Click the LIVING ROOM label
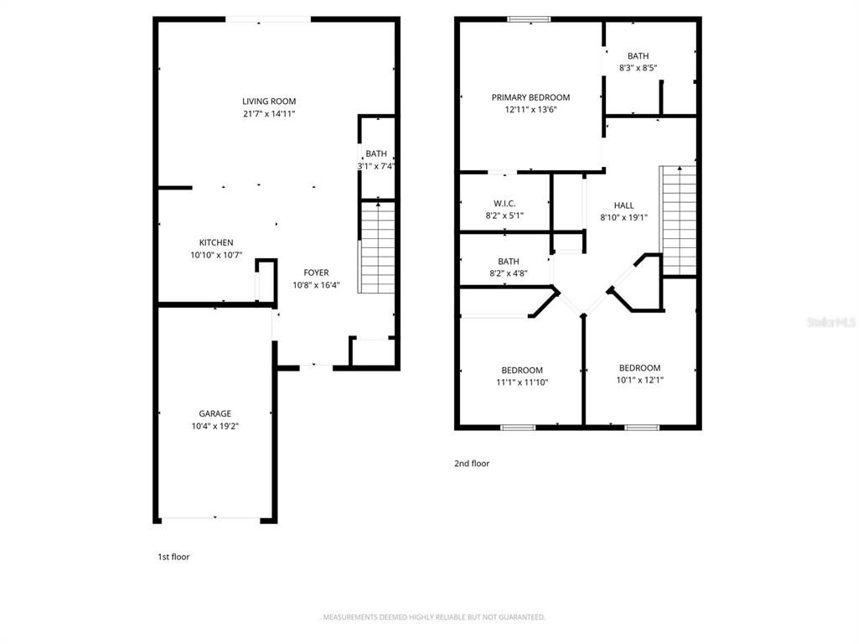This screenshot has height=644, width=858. [269, 101]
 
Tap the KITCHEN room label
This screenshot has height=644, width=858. [216, 242]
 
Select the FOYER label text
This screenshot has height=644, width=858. [316, 273]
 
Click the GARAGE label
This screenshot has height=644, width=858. [215, 414]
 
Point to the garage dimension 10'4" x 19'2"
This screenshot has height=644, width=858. [215, 426]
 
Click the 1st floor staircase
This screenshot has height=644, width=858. [376, 247]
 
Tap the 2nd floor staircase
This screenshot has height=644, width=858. [678, 221]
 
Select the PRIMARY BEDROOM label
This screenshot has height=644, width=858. [530, 97]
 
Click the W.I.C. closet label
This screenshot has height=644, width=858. [504, 204]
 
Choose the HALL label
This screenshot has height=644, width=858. [623, 205]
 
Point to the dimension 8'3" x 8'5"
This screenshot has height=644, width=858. [638, 68]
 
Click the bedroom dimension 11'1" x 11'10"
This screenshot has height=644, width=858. [522, 382]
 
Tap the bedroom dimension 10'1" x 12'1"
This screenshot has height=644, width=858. [639, 380]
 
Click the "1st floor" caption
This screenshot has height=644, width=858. [173, 557]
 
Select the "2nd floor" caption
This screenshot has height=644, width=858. [472, 463]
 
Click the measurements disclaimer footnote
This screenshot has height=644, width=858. [432, 617]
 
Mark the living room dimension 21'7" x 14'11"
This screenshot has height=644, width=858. [269, 114]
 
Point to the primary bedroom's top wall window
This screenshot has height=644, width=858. [529, 20]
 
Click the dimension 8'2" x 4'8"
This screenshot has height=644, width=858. [509, 273]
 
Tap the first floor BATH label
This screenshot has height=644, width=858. [376, 154]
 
